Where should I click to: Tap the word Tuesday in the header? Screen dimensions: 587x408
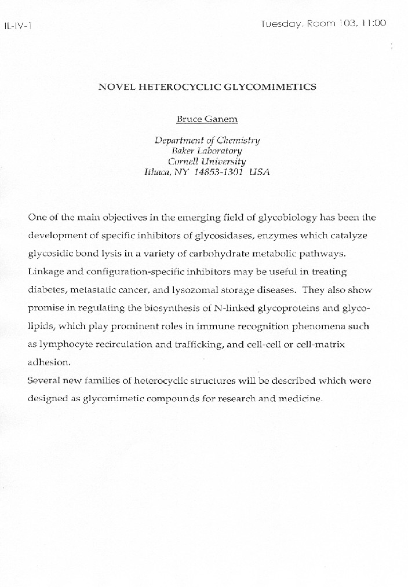coord(281,24)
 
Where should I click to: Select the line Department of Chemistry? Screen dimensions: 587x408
coord(207,140)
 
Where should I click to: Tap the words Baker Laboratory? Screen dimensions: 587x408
coord(207,151)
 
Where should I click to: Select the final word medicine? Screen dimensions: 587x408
coord(300,399)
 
